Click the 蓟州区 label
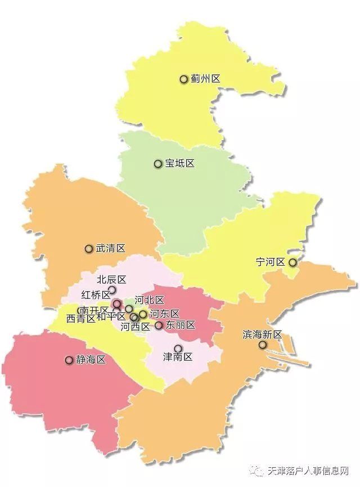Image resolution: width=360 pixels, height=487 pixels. click(205, 79)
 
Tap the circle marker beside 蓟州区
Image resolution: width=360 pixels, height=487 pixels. click(183, 79)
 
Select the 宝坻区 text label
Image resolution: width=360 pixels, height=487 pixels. click(179, 164)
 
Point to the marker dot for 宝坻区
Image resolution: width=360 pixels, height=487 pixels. click(158, 164)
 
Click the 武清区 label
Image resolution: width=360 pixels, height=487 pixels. click(110, 248)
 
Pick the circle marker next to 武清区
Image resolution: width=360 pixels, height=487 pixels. click(88, 248)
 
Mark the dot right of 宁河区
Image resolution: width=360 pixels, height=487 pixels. click(292, 262)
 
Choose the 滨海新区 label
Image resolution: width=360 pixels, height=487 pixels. click(262, 334)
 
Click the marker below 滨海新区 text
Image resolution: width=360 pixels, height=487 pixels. click(262, 345)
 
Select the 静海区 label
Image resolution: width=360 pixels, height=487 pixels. click(91, 360)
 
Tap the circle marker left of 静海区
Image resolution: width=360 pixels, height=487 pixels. click(69, 360)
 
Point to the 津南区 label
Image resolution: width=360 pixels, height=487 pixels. click(178, 358)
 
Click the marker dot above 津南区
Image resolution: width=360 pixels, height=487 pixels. click(178, 349)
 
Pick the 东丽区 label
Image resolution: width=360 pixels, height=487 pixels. click(180, 325)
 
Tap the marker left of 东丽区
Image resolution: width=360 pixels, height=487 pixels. click(159, 325)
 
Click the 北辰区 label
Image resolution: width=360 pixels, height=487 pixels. click(111, 279)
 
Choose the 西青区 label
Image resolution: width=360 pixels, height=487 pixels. click(81, 319)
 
